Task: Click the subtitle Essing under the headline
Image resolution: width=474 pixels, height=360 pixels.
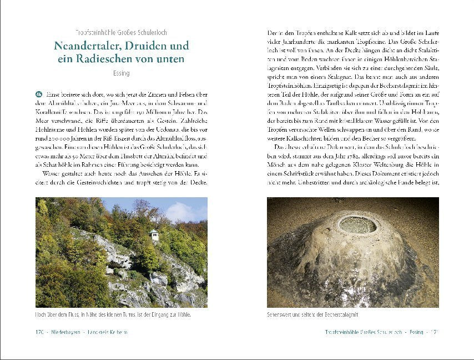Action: click(121, 73)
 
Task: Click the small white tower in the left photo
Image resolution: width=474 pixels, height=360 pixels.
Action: click(154, 235)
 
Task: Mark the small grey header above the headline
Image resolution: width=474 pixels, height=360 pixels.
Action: click(121, 32)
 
